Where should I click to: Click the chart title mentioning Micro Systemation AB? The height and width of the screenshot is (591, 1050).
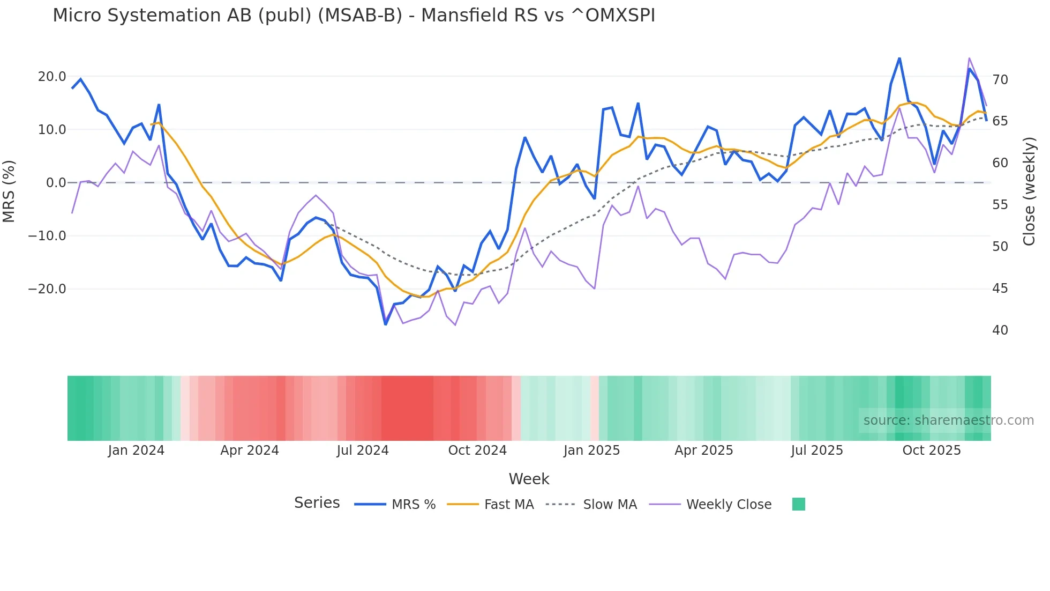pos(354,16)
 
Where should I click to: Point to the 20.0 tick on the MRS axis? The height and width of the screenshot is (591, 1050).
pos(52,77)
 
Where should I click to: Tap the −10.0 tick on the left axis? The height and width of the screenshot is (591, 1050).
pos(47,236)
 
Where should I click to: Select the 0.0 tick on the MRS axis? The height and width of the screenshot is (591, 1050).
pos(56,183)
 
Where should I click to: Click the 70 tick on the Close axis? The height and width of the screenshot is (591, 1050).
pos(1000,80)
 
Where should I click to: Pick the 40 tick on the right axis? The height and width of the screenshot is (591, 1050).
pos(1000,330)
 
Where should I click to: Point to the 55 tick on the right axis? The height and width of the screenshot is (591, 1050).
pos(1000,205)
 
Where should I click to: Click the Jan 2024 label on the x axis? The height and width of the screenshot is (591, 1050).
pos(136,450)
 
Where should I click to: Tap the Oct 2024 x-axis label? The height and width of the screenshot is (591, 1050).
pos(477,450)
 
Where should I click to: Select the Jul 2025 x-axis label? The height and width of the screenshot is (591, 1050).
pos(817,450)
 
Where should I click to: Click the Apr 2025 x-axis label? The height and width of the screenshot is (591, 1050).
pos(703,450)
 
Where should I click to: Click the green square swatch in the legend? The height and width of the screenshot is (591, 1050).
pos(798,504)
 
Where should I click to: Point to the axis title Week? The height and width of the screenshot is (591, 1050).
pos(529,479)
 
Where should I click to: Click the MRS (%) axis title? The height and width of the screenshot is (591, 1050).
pos(9,191)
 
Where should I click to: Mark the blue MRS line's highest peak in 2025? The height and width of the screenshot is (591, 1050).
pos(899,58)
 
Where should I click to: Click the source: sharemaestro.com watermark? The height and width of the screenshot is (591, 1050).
pos(948,420)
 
